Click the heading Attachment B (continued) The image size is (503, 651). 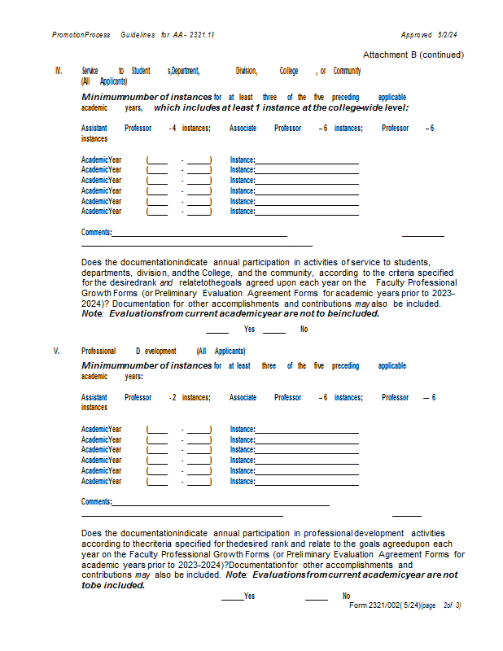pos(413,55)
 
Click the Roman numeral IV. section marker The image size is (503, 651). pos(58,72)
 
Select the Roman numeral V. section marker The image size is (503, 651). pos(57,351)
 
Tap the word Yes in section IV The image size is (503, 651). pos(249,330)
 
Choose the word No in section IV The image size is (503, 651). pos(304,330)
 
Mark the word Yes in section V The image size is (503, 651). pos(249,596)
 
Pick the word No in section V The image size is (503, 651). pos(346,596)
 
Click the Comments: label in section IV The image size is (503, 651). pos(96,233)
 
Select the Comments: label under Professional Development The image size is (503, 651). pos(96,502)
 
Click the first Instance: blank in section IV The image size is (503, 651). pos(307,160)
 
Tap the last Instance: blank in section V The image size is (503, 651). pos(307,482)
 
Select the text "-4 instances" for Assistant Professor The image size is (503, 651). pos(189,129)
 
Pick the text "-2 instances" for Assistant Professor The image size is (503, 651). pos(189,398)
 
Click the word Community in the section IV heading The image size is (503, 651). pos(347,72)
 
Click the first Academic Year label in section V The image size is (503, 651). pos(101,429)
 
